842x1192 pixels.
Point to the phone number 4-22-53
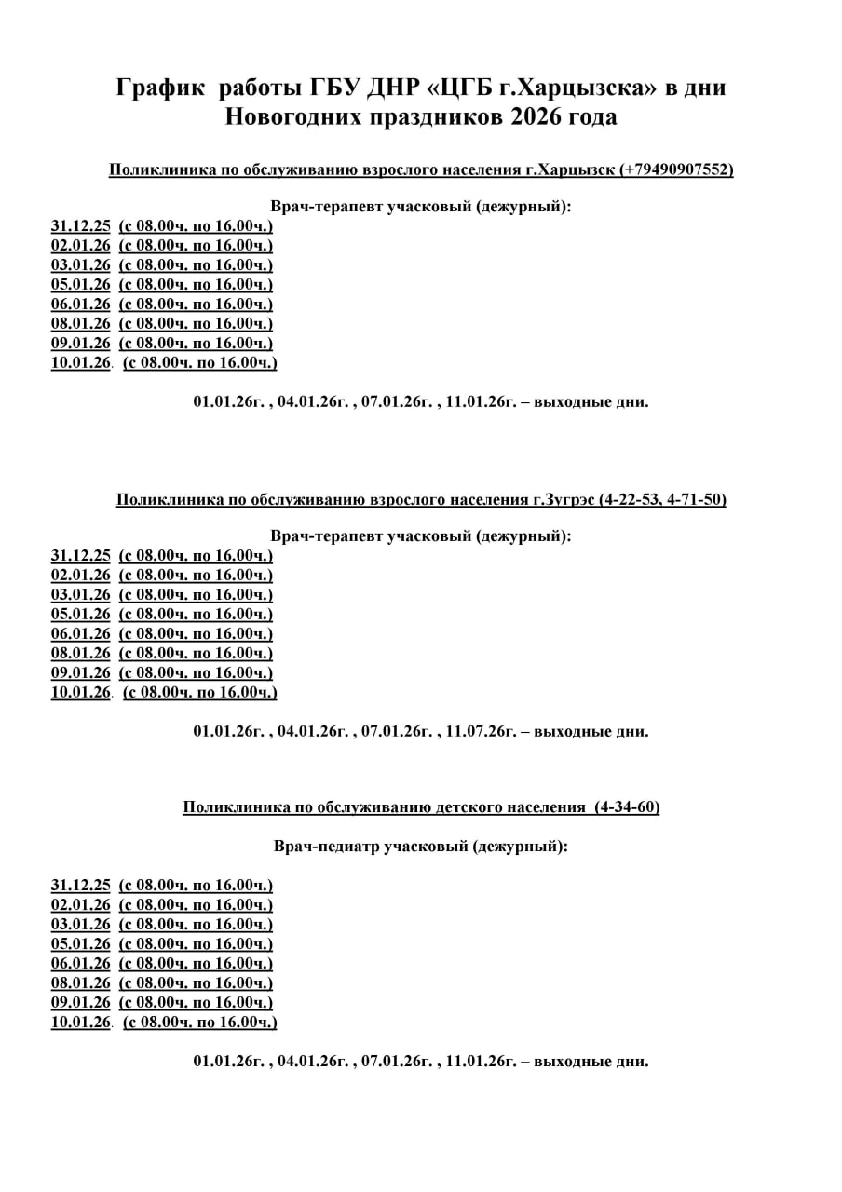point(630,500)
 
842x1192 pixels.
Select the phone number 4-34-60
point(628,807)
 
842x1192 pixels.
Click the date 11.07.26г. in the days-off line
point(481,732)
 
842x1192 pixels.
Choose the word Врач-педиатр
point(326,847)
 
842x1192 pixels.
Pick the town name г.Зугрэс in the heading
point(563,500)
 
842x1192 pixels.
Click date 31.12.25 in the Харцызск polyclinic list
point(81,225)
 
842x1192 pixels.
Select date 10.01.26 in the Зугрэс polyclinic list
point(81,693)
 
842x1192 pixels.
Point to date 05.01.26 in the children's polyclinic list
point(81,943)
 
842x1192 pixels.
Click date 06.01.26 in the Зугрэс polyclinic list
point(81,634)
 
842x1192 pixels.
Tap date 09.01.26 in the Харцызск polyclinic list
point(81,343)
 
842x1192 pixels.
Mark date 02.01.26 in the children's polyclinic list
point(81,904)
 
